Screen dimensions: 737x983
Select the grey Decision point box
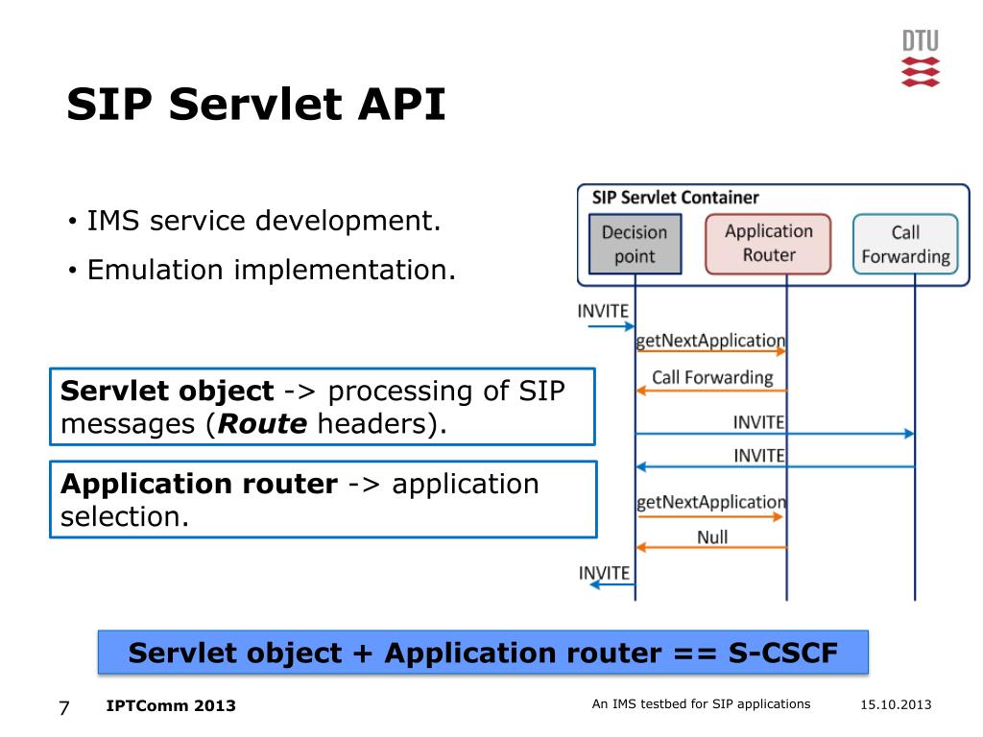pos(634,244)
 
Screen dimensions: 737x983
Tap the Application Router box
pos(768,243)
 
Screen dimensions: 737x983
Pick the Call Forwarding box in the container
pos(905,244)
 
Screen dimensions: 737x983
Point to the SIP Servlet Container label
pos(675,199)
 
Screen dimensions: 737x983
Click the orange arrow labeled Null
pos(711,547)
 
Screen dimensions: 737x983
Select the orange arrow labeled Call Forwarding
pos(711,390)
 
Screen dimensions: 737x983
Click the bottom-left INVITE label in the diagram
pos(604,573)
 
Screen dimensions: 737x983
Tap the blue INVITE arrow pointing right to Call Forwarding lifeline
pos(774,434)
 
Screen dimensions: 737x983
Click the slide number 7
pos(64,708)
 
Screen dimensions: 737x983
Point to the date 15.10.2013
pos(895,705)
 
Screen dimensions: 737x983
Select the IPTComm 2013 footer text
pos(171,706)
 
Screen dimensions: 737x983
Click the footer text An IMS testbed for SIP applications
pos(701,704)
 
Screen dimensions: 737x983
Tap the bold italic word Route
pos(262,424)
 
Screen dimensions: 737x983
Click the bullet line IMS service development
pos(264,222)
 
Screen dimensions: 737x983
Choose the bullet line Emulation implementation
pos(272,270)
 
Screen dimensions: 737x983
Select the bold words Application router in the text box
pos(199,484)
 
